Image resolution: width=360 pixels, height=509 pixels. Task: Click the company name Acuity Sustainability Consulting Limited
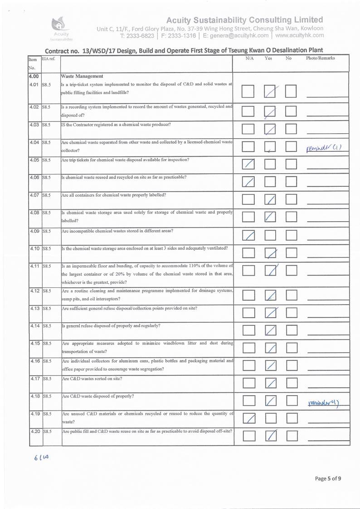[244, 20]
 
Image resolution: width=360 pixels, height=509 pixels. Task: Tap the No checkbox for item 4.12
[291, 296]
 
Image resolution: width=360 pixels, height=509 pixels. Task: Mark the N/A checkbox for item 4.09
[248, 235]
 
